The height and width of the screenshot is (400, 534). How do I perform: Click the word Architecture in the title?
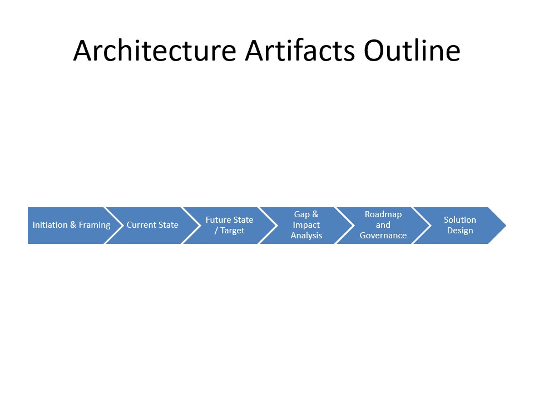coord(155,51)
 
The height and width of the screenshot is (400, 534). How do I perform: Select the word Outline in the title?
coord(412,51)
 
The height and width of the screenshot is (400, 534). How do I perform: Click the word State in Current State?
coord(169,225)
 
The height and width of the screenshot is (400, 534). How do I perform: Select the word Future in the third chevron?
coord(218,220)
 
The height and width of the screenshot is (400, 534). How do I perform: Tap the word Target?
coord(233,231)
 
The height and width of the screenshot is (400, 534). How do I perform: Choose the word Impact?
coord(306,225)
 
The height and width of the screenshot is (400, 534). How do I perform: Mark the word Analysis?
coord(306,236)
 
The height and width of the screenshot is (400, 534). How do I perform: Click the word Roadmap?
coord(383,214)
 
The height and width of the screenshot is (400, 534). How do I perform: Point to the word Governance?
coord(383,236)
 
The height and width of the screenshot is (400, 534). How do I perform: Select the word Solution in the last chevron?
coord(459,220)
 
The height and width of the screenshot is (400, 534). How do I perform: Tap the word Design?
coord(459,231)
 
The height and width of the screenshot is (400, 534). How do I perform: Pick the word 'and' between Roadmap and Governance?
coord(383,225)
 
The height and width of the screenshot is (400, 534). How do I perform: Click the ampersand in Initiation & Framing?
coord(73,225)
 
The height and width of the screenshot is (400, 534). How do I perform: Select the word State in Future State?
coord(243,220)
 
